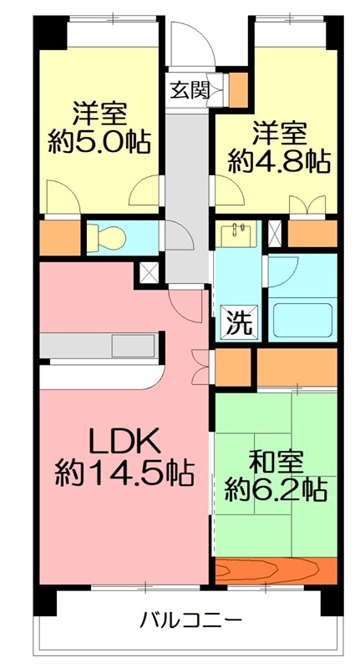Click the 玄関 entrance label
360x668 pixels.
pyautogui.click(x=190, y=90)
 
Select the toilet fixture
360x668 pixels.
pyautogui.click(x=107, y=237)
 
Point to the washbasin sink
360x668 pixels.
pyautogui.click(x=238, y=234)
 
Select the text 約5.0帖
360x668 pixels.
pyautogui.click(x=99, y=142)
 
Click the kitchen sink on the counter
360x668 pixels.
pyautogui.click(x=134, y=346)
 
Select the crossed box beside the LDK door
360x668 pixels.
pyautogui.click(x=150, y=273)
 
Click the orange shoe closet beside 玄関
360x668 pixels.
pyautogui.click(x=238, y=90)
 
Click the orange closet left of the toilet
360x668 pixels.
pyautogui.click(x=59, y=238)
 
